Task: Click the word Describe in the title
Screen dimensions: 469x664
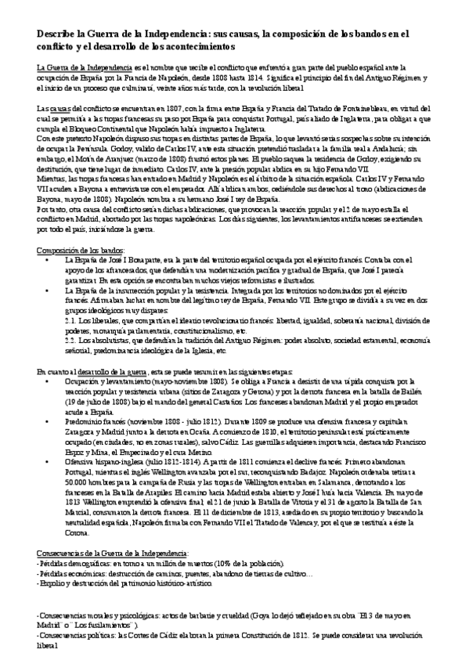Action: click(58, 34)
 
